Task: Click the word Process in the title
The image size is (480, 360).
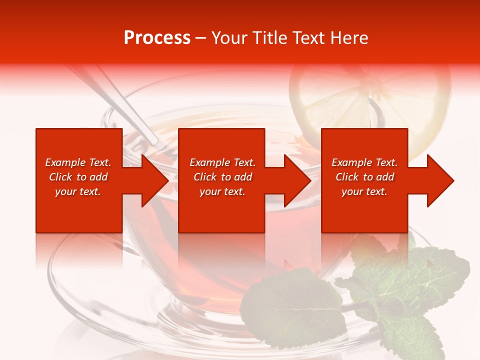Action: pos(157,38)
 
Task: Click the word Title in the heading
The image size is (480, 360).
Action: pos(268,38)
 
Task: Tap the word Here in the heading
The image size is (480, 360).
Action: pos(350,38)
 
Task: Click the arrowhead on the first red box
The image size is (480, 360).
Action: pos(152,180)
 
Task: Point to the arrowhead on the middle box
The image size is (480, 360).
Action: pos(295,180)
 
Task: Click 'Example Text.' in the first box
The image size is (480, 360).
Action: pos(78,162)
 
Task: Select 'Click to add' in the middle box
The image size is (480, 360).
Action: pos(222,177)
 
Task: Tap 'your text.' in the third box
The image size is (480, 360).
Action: pos(364,191)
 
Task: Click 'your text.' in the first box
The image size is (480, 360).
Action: pos(78,191)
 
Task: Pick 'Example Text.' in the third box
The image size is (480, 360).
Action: pos(364,162)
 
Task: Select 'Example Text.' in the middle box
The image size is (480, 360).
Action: pos(222,162)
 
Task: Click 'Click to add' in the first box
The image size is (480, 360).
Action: pos(78,177)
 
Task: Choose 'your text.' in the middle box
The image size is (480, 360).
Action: pos(222,191)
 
